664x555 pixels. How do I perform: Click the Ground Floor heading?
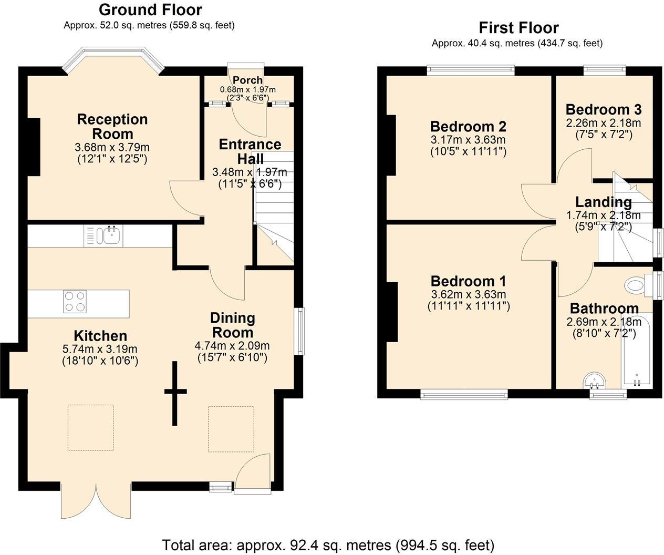tap(150, 10)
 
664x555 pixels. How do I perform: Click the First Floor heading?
tap(518, 28)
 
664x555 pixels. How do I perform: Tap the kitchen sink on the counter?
tap(111, 236)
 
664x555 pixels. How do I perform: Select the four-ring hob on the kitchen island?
tap(74, 302)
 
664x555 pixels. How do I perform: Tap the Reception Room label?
tap(112, 126)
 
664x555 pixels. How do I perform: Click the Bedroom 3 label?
tap(603, 110)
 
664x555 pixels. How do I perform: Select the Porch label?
tap(247, 80)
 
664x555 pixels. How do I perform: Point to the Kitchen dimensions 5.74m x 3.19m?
tap(100, 349)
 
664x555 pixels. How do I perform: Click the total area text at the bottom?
tap(328, 544)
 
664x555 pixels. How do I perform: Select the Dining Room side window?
tap(300, 331)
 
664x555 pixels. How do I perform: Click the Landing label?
tap(603, 202)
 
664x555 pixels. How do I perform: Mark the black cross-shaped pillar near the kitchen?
tap(175, 392)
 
